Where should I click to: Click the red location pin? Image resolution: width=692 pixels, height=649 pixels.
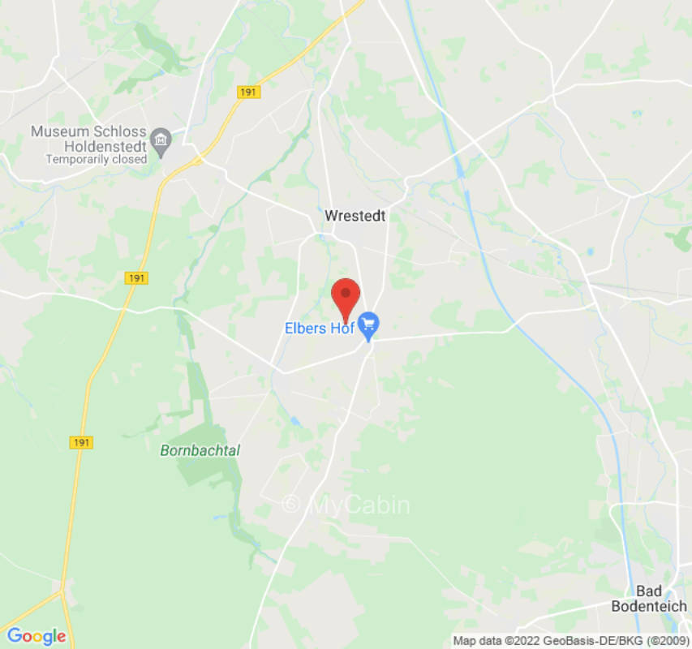coord(346,298)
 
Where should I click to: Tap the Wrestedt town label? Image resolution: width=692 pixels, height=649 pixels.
coord(355,216)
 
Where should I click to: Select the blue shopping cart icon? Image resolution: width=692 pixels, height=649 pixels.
coord(369,327)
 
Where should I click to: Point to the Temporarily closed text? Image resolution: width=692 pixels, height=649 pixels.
coord(96,160)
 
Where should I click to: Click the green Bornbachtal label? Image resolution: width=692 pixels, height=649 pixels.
coord(200,451)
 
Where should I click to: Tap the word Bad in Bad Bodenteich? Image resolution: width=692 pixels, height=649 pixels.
coord(649,591)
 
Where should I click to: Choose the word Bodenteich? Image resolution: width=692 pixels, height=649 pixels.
coord(649,606)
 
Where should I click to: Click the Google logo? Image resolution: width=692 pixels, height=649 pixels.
coord(36,636)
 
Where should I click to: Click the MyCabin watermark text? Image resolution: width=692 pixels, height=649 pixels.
coord(359,505)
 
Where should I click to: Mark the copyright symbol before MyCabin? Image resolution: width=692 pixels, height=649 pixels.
coord(290,505)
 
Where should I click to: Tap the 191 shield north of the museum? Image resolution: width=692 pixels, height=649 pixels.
coord(248,92)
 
